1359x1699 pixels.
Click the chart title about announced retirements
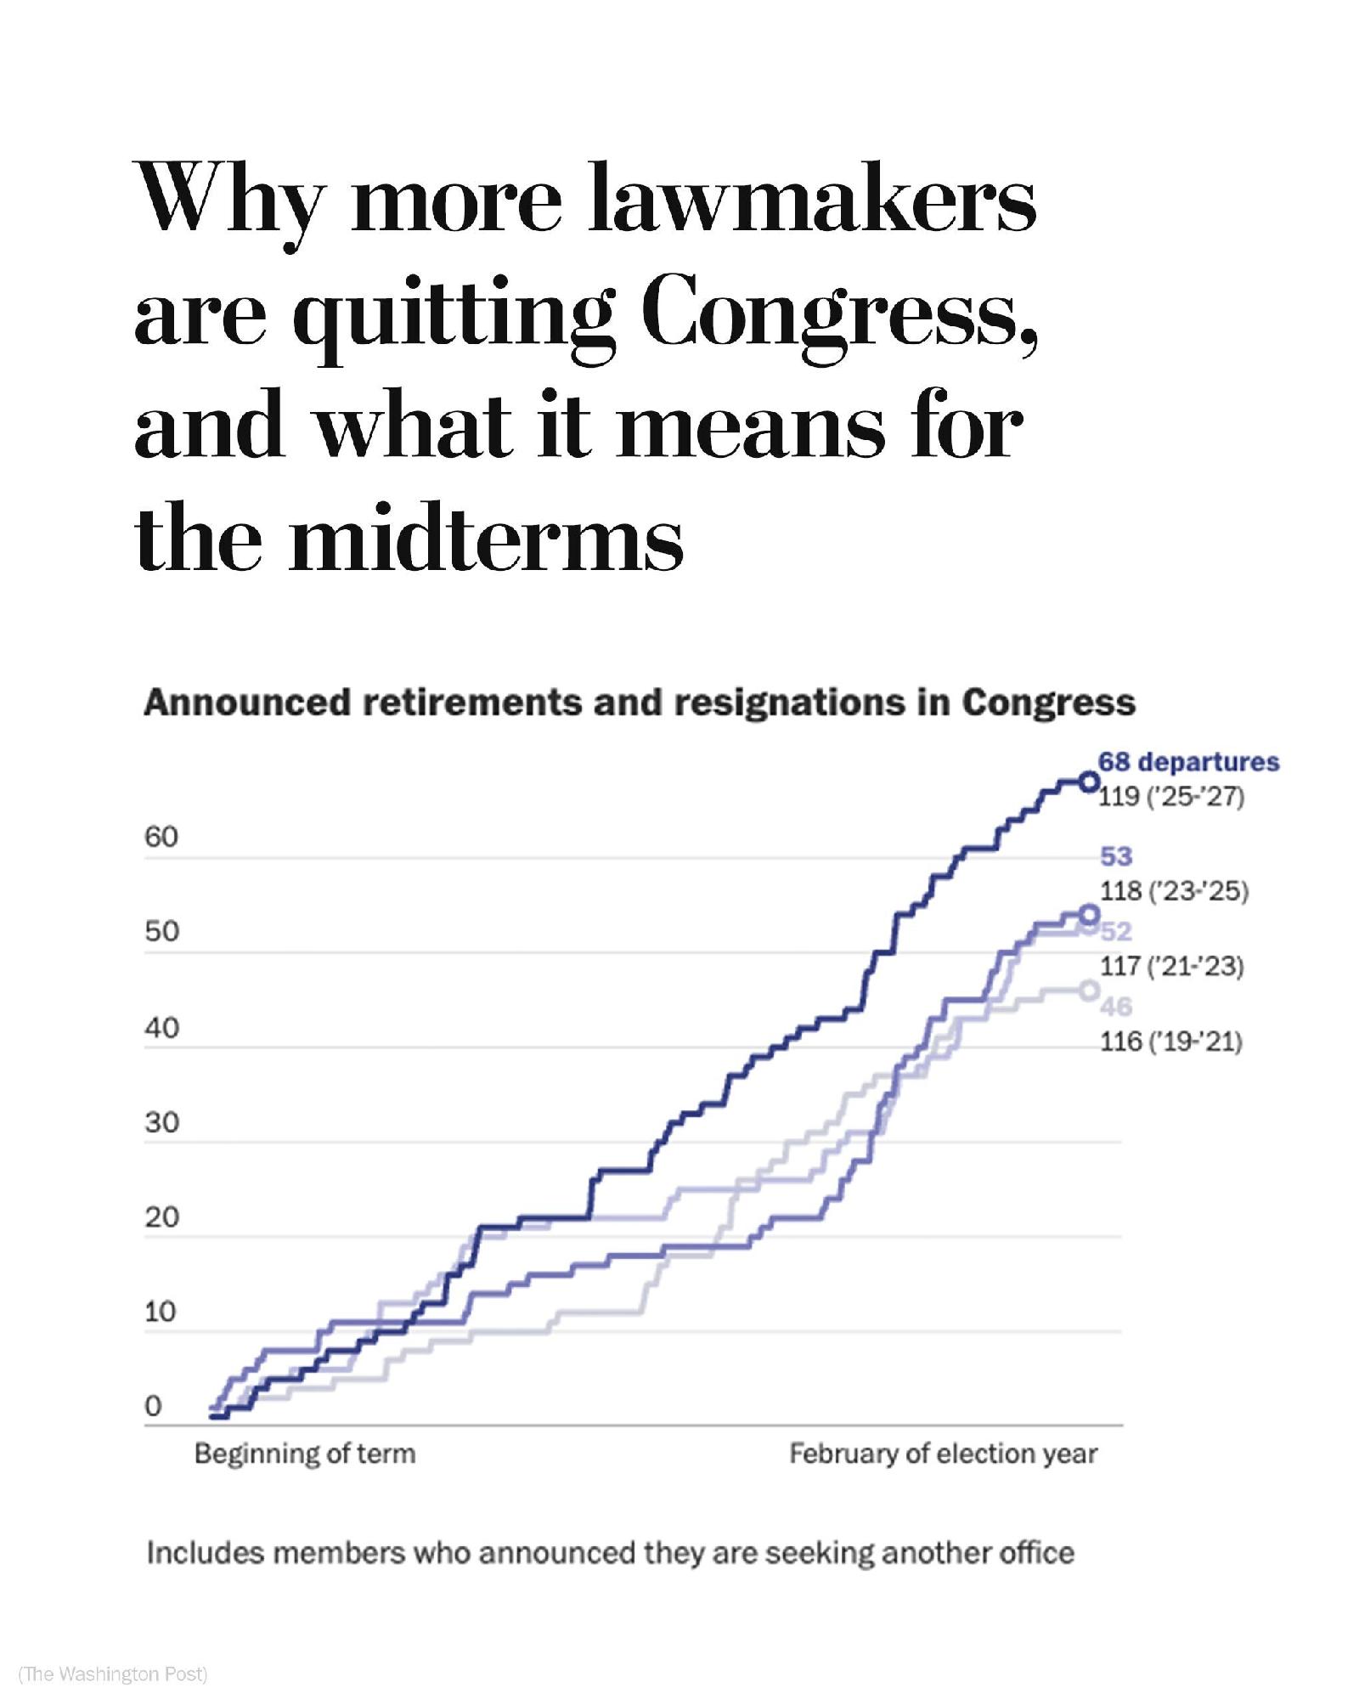click(639, 703)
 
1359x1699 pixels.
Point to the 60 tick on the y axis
click(161, 838)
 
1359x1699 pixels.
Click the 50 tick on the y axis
click(161, 932)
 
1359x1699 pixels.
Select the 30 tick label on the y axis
click(161, 1123)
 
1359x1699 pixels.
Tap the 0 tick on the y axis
click(153, 1407)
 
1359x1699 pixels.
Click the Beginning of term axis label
click(305, 1454)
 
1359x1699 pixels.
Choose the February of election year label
click(943, 1454)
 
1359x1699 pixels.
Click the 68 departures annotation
click(1187, 762)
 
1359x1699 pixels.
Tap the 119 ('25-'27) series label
click(1171, 797)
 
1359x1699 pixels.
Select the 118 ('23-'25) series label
click(1174, 891)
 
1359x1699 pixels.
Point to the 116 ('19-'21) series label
click(1171, 1041)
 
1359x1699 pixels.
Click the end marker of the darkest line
click(1089, 782)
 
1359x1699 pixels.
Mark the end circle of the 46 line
click(1089, 991)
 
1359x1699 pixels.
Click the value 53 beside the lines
click(1116, 856)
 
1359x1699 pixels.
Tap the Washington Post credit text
click(113, 1674)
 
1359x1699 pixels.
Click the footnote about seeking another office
click(610, 1554)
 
